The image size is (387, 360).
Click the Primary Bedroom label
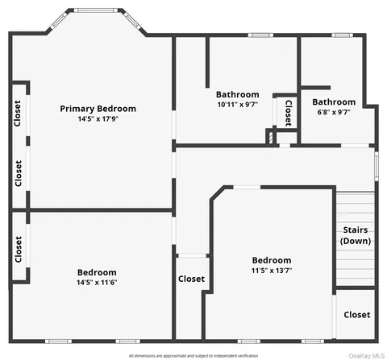pos(98,109)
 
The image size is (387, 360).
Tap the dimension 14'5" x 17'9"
pos(98,118)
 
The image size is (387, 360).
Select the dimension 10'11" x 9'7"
pos(238,105)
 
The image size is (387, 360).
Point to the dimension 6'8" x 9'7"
pos(334,112)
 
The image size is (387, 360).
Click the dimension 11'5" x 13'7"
pos(272,271)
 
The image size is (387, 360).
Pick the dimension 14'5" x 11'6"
pos(97,283)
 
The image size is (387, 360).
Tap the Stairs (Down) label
pos(356,235)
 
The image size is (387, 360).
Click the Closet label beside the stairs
pos(357,315)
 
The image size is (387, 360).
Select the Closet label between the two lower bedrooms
pos(191,279)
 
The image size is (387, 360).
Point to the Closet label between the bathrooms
pos(288,113)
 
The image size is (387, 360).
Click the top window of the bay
pos(96,10)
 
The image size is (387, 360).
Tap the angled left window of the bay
pos(59,21)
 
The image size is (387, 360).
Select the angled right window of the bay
pos(131,20)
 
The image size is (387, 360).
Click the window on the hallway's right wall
pos(377,167)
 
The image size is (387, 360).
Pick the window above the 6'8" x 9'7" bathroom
pos(342,35)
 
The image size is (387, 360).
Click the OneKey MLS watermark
pos(366,356)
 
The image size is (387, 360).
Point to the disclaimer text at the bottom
pos(193,356)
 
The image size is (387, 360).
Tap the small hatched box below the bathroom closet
pos(271,137)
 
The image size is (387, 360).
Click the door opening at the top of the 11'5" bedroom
pos(247,187)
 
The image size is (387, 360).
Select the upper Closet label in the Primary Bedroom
pos(18,114)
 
